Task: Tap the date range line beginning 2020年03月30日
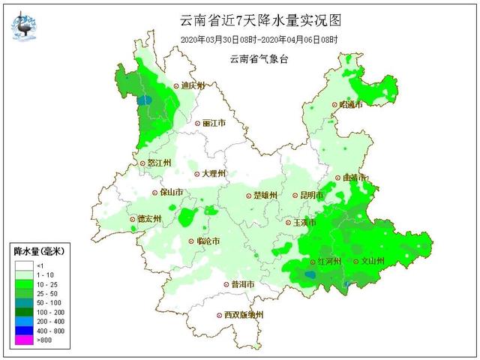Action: click(x=259, y=39)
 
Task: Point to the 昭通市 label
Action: click(x=350, y=105)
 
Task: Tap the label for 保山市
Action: click(x=172, y=192)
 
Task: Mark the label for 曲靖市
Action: click(x=353, y=178)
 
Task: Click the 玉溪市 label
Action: click(x=304, y=223)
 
